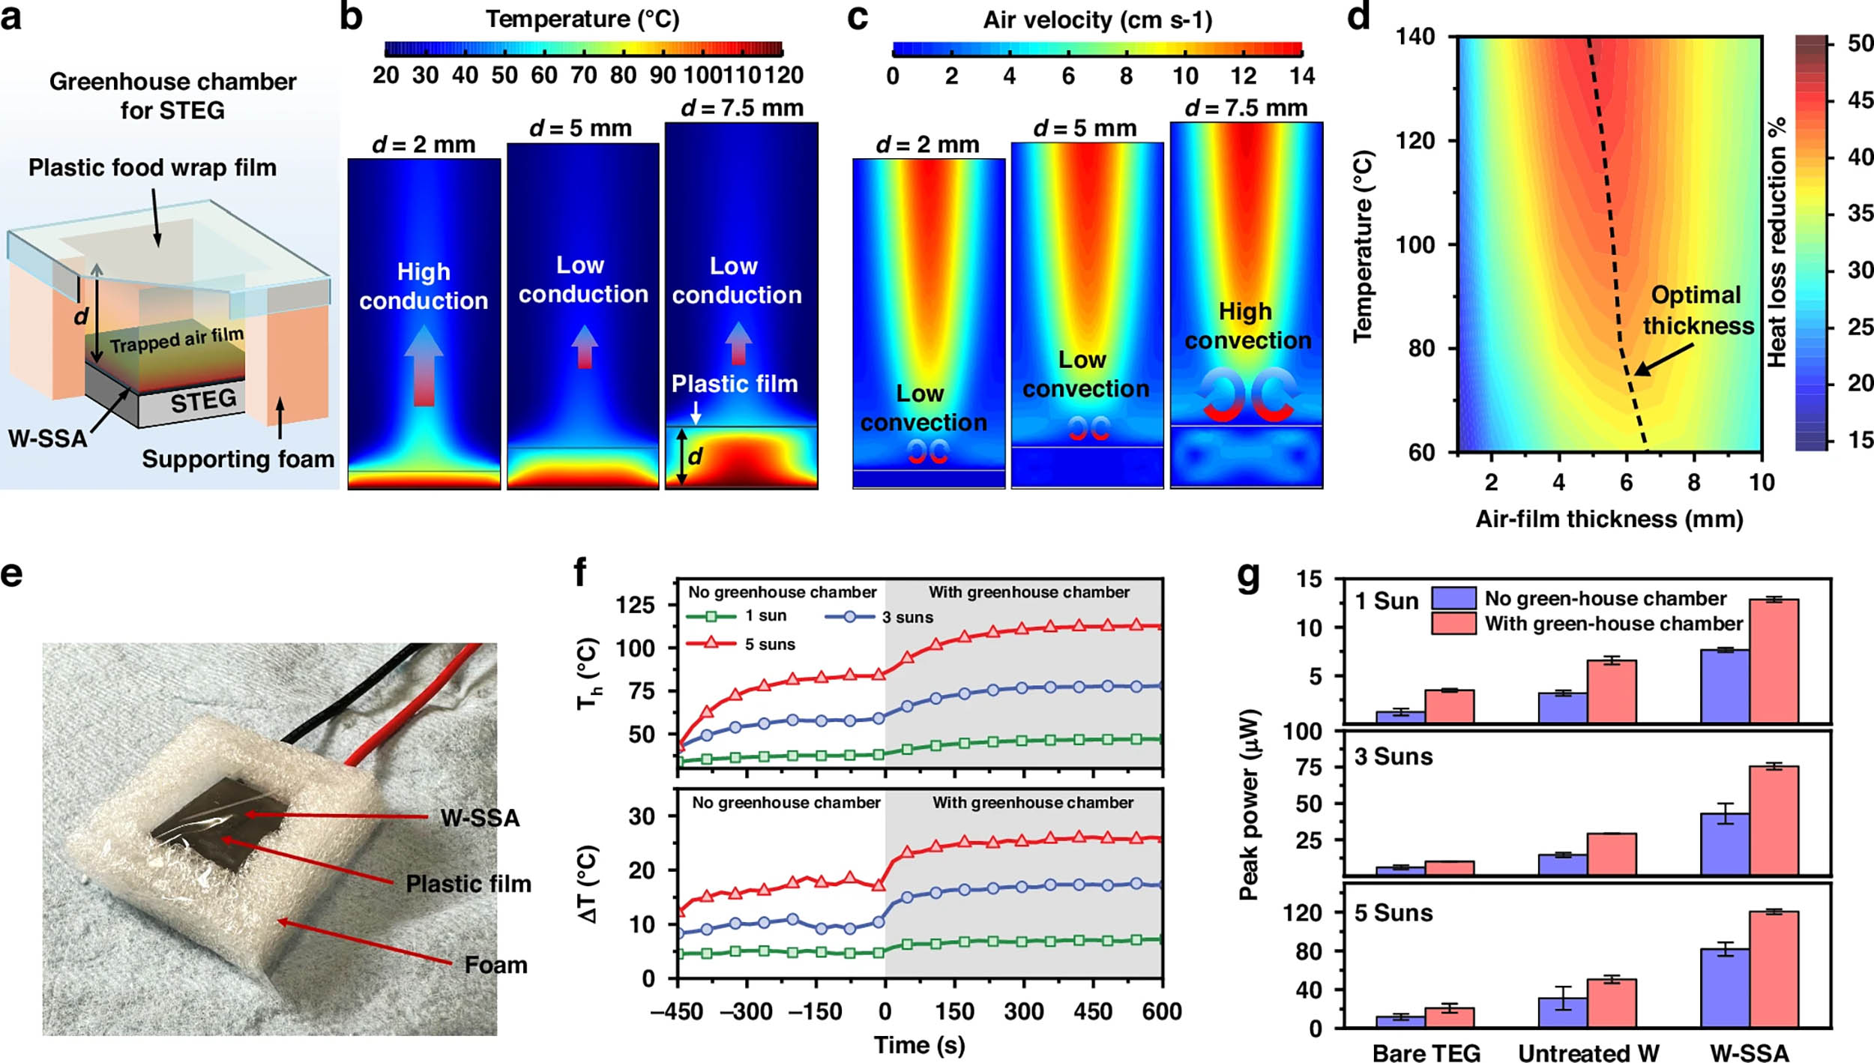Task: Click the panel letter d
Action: (x=1358, y=16)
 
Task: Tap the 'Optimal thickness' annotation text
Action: (x=1698, y=310)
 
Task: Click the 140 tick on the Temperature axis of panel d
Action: (x=1415, y=37)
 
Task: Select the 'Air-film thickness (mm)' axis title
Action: (x=1609, y=519)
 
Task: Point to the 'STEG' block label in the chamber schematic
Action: (x=203, y=401)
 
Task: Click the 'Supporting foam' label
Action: (x=238, y=459)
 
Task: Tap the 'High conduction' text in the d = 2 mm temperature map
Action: (x=424, y=286)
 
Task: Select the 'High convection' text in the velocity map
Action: (x=1247, y=325)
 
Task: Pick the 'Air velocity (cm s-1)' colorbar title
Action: (x=1097, y=20)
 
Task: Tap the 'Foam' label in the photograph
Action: (x=495, y=965)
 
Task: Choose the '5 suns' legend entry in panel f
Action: (x=769, y=644)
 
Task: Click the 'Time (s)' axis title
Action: (x=919, y=1045)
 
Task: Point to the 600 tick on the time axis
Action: (x=1162, y=1011)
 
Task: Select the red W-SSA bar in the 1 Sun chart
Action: (x=1774, y=660)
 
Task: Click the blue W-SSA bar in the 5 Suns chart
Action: (x=1725, y=987)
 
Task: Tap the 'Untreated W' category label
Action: (x=1588, y=1053)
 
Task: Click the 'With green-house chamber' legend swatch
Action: (x=1453, y=623)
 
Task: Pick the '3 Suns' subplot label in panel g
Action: (x=1393, y=756)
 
